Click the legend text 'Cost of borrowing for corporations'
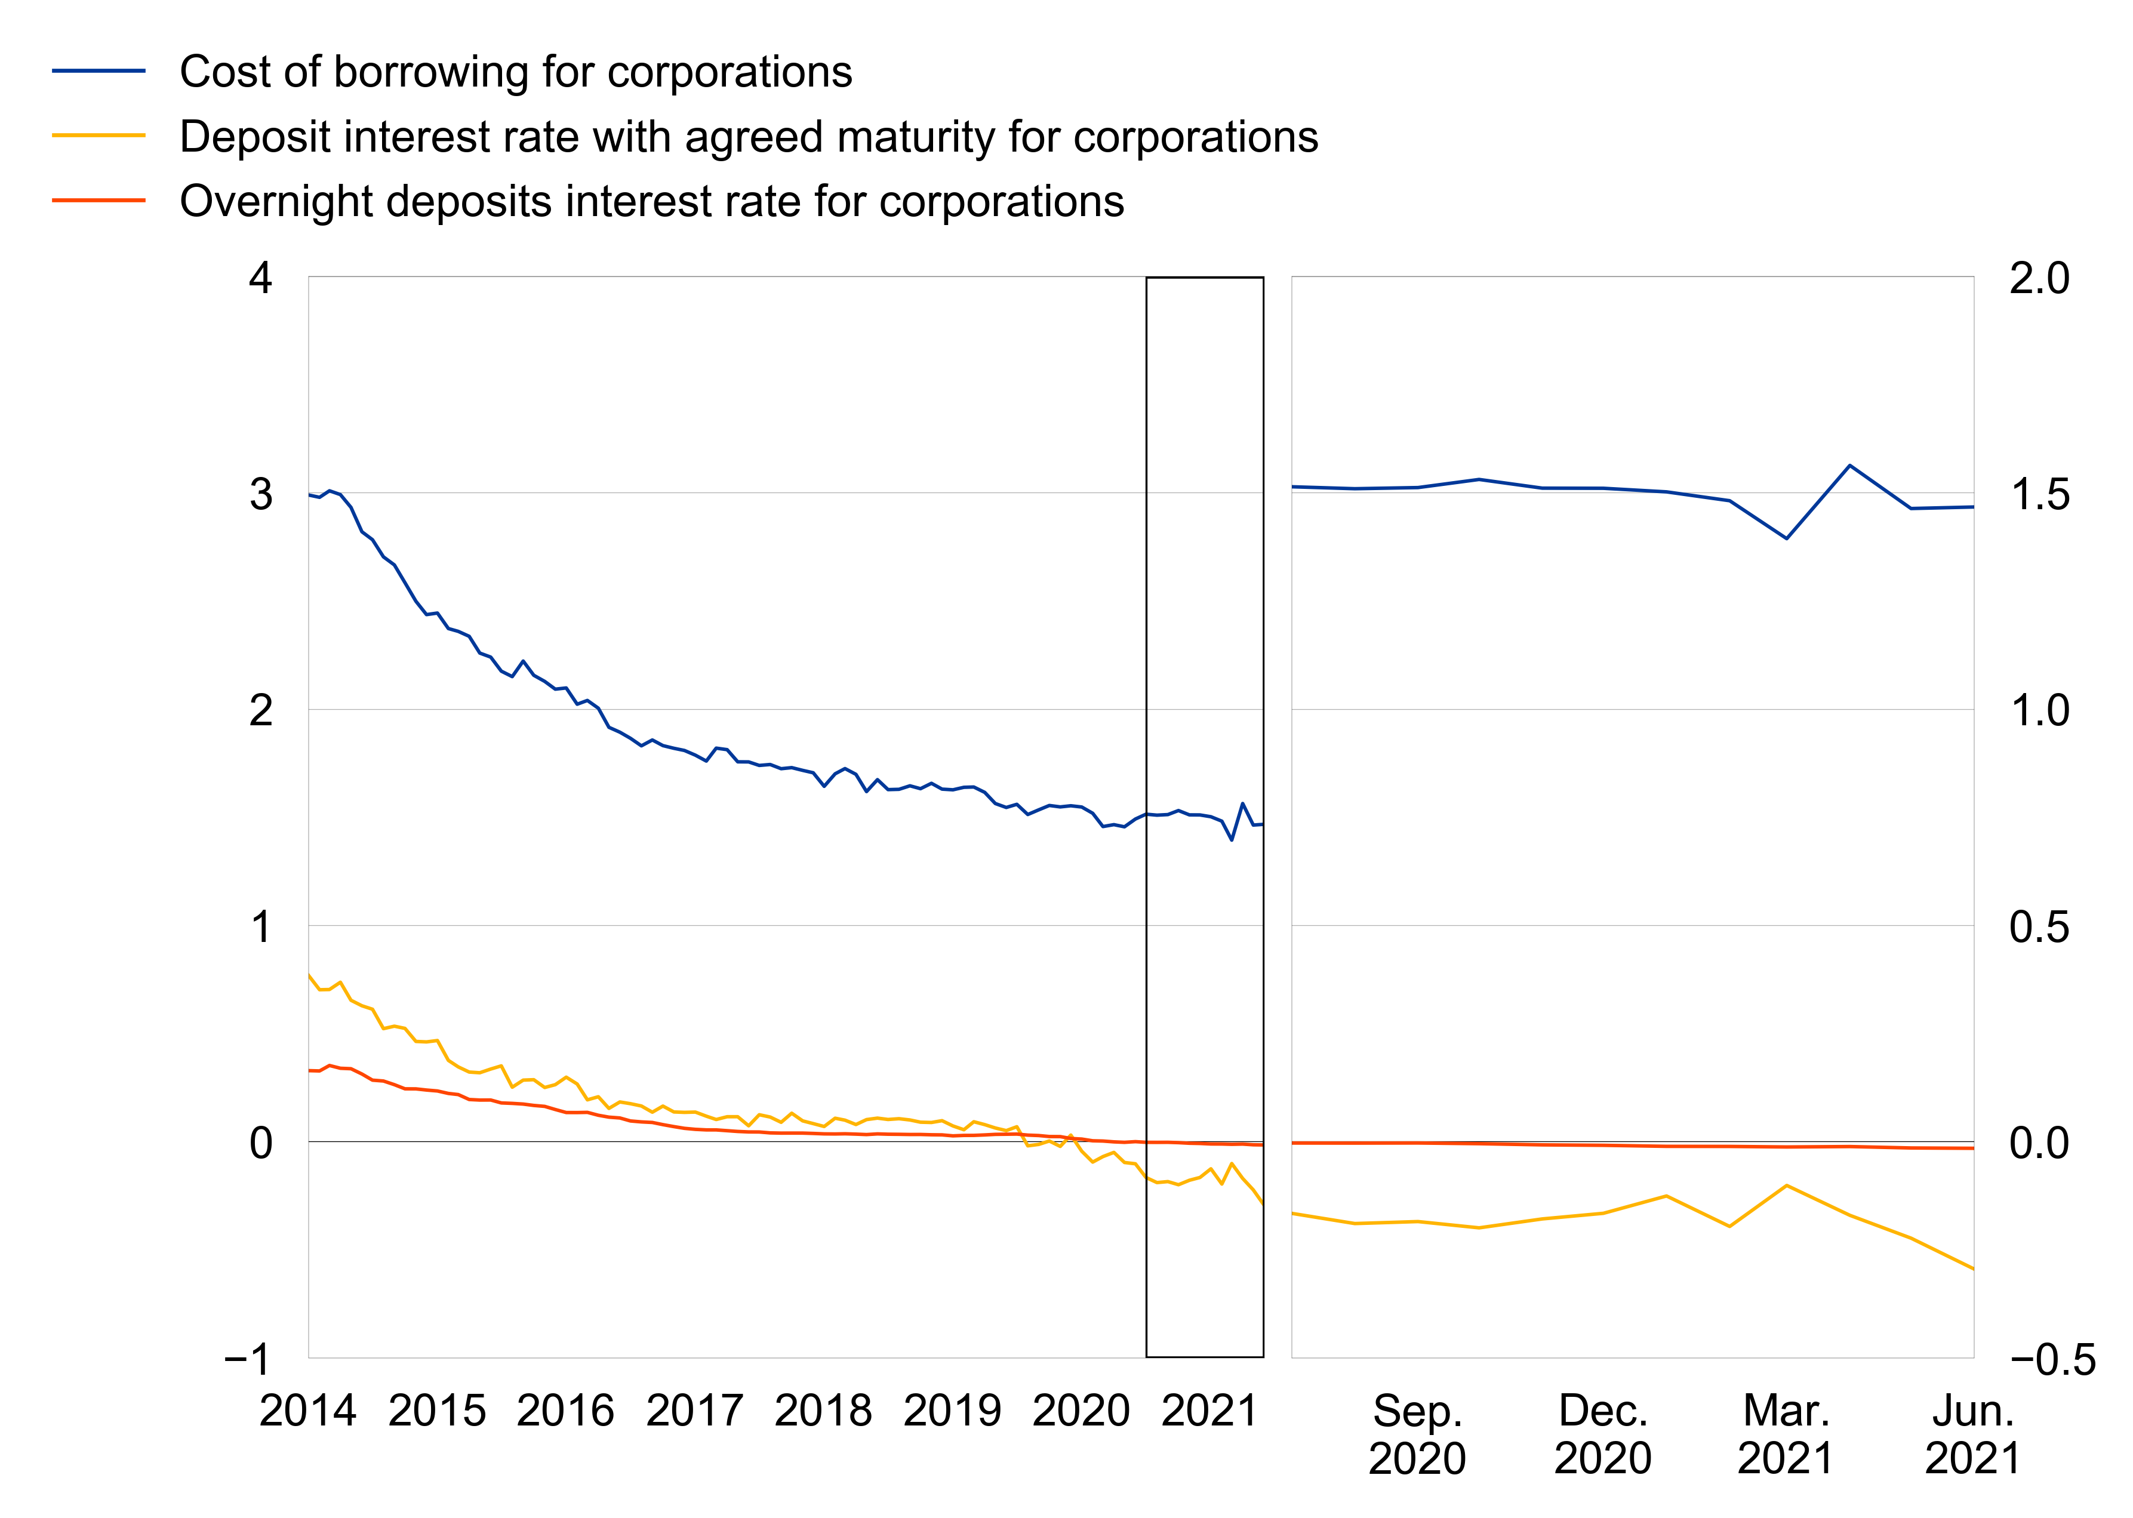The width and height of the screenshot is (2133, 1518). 515,72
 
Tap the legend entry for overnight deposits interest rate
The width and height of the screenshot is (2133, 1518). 651,201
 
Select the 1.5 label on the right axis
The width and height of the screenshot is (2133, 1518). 2039,494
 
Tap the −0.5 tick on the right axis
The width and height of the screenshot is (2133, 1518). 2052,1360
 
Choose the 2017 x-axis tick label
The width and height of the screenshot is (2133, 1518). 694,1411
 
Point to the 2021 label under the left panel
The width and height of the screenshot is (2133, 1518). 1209,1411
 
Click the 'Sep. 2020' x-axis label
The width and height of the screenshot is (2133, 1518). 1417,1434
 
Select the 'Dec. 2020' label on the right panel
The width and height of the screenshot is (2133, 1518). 1602,1434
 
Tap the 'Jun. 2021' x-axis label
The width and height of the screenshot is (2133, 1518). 1972,1434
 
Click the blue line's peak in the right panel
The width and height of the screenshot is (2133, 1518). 1850,466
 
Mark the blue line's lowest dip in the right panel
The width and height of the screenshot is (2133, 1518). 1786,538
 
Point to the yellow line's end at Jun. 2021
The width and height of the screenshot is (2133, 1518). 1972,1268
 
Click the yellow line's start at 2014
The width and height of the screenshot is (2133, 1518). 309,975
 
